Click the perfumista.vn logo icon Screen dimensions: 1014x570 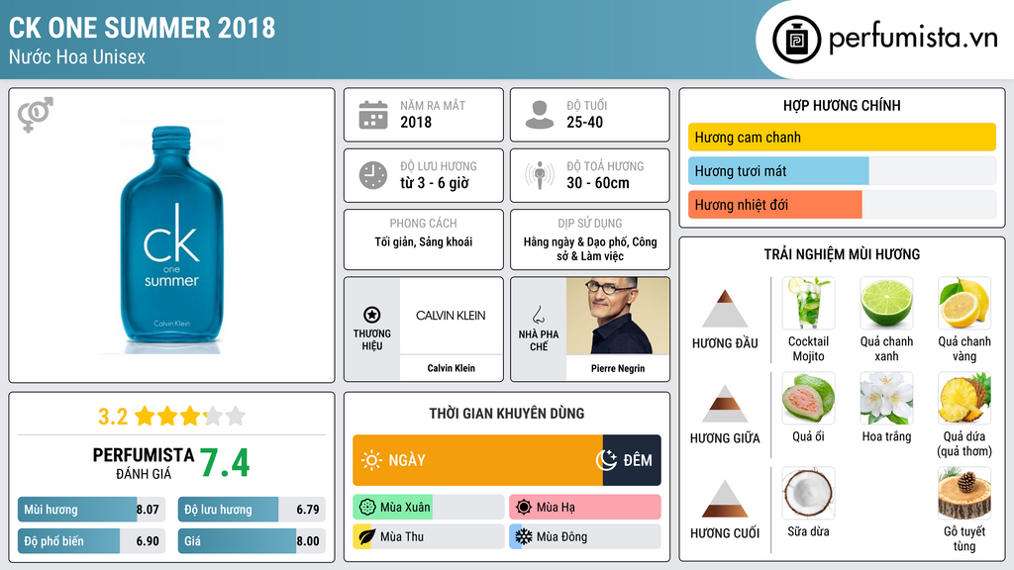[x=796, y=40]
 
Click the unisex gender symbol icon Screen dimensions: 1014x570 [x=35, y=114]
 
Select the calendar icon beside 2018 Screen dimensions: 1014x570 [x=373, y=115]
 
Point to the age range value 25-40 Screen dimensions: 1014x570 [x=584, y=122]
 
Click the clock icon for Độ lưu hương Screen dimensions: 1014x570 [x=373, y=175]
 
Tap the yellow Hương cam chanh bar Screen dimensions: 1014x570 [x=842, y=137]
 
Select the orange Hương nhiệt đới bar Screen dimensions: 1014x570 [x=774, y=205]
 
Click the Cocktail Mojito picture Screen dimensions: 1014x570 [x=808, y=303]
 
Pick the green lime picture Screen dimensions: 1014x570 [x=886, y=303]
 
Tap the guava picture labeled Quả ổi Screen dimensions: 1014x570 [x=808, y=398]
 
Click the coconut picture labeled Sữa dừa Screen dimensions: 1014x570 [x=808, y=493]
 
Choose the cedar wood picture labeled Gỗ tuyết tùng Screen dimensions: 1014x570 [x=964, y=493]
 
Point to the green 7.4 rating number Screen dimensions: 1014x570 [x=225, y=463]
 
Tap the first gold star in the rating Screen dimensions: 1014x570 [x=145, y=417]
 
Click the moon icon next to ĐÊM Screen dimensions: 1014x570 [x=606, y=460]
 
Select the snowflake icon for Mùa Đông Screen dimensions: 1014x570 [x=523, y=536]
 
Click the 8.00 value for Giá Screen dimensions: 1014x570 [x=308, y=541]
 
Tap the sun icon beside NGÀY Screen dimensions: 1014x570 [x=371, y=460]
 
